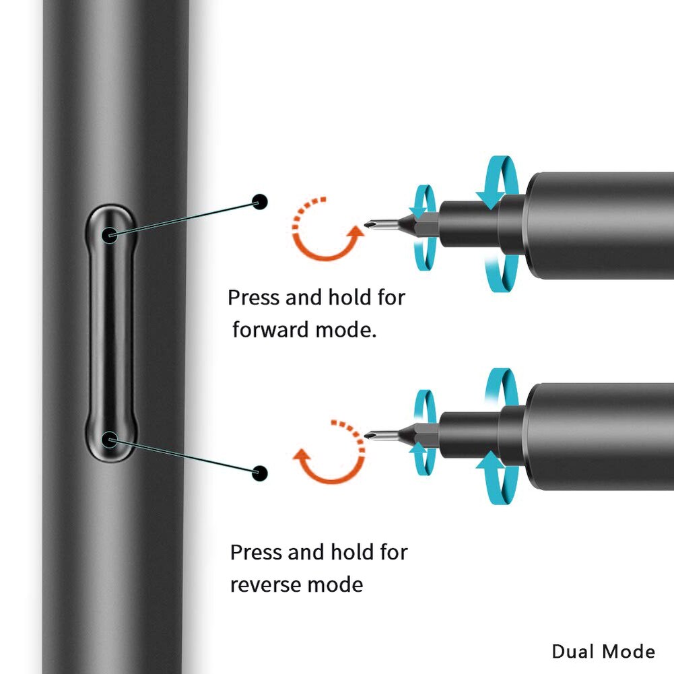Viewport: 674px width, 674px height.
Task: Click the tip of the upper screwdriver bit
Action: pyautogui.click(x=365, y=224)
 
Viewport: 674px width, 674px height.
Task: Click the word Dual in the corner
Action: pyautogui.click(x=573, y=651)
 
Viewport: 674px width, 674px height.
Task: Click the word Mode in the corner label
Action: pyautogui.click(x=628, y=651)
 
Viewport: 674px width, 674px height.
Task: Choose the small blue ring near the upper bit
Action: pyautogui.click(x=424, y=228)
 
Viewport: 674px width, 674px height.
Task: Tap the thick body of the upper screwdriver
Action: pyautogui.click(x=599, y=226)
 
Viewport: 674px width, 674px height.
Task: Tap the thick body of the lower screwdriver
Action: pyautogui.click(x=599, y=436)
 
